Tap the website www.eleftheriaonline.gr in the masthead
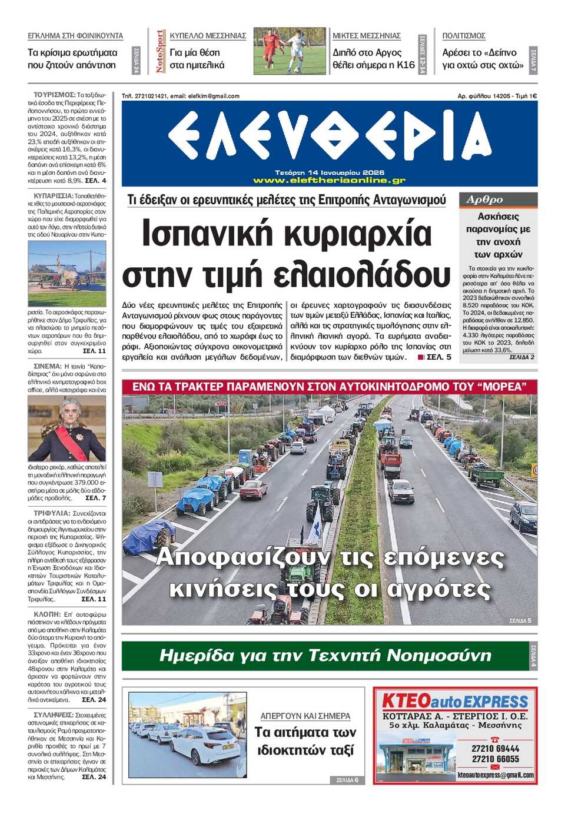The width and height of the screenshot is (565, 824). point(329,180)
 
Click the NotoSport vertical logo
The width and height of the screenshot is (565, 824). point(159,52)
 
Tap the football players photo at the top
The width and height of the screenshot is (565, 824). point(289,51)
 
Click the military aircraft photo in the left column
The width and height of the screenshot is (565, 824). point(67,273)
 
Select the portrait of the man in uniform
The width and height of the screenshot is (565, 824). point(67,428)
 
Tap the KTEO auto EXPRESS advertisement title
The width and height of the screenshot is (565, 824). point(455,701)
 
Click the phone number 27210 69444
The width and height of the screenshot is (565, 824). point(495,749)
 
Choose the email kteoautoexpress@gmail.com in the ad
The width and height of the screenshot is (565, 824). point(495,775)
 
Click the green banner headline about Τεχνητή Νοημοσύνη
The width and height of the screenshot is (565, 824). point(325,656)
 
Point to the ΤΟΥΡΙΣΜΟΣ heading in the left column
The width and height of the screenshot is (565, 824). point(54,95)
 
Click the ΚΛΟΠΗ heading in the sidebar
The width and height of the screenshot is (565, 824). point(47,614)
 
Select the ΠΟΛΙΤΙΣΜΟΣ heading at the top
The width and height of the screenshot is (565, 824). point(464,36)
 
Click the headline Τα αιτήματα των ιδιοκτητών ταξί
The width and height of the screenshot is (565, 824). point(305,741)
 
